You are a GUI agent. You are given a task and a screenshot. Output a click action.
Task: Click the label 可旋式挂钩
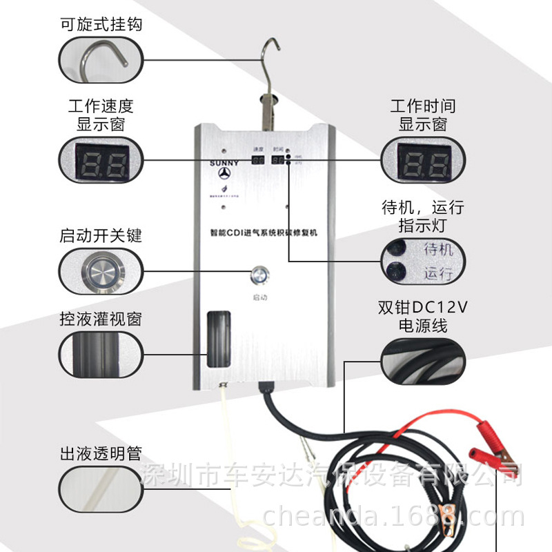coord(101,26)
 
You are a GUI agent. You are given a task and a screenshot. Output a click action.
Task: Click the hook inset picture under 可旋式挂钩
coord(101,60)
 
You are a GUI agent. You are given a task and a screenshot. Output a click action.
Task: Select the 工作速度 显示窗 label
coord(101,115)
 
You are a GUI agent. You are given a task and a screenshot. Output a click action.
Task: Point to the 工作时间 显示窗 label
coord(422,115)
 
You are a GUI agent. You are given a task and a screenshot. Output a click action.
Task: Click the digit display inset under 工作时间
coord(422,161)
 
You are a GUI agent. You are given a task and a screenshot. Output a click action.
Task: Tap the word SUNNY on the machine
coord(223,164)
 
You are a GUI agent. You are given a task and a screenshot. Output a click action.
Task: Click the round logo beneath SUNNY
coord(223,178)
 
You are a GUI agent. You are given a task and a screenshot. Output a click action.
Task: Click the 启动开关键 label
coord(101,235)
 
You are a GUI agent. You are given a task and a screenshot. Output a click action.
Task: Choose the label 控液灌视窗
coord(101,319)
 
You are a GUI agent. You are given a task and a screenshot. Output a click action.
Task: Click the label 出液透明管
coord(101,453)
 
